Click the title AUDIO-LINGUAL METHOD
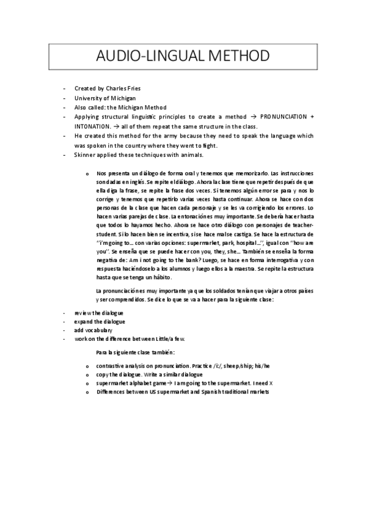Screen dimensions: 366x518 coord(183,57)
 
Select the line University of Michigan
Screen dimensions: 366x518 coord(104,98)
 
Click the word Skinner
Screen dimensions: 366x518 coord(86,155)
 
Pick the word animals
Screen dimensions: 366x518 coord(188,155)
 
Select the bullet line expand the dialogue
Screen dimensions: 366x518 coord(99,321)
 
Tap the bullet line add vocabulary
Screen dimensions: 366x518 coord(93,330)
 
